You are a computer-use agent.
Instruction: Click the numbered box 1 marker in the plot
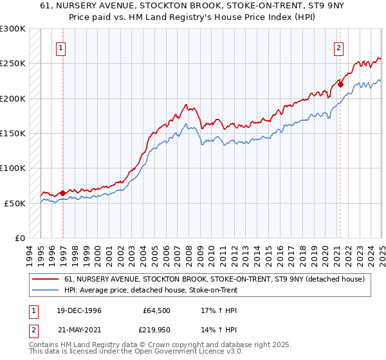(x=60, y=47)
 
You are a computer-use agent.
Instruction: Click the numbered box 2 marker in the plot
(x=338, y=47)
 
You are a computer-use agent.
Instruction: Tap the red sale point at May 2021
(x=341, y=84)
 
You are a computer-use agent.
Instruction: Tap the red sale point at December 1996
(x=62, y=192)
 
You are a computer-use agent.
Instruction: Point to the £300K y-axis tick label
(x=13, y=29)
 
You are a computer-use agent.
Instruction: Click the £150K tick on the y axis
(x=13, y=133)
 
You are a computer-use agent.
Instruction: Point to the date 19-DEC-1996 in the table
(x=73, y=310)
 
